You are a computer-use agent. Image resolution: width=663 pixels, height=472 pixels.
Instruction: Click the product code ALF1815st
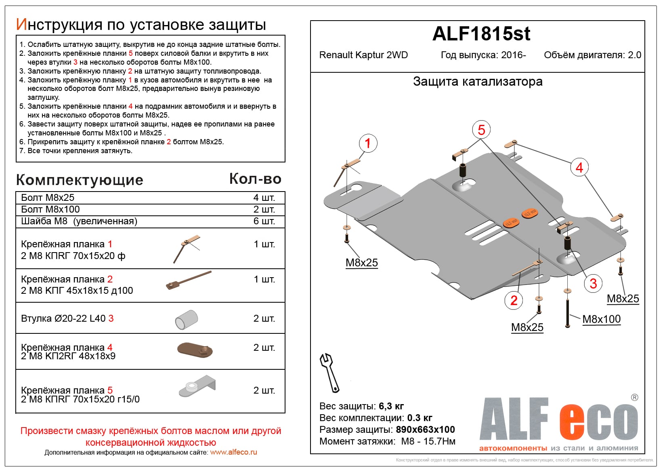pyautogui.click(x=481, y=34)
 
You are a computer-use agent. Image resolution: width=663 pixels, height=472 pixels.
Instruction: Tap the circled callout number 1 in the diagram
pyautogui.click(x=368, y=143)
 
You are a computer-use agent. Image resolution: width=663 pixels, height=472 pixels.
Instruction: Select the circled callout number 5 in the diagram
pyautogui.click(x=481, y=130)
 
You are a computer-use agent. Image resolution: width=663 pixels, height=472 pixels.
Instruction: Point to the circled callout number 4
pyautogui.click(x=579, y=167)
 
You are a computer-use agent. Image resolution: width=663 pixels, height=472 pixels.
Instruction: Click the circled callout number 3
pyautogui.click(x=593, y=283)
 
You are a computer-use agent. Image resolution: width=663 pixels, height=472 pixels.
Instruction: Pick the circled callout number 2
pyautogui.click(x=514, y=300)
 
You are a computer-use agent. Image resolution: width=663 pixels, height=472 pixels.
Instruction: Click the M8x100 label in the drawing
pyautogui.click(x=601, y=319)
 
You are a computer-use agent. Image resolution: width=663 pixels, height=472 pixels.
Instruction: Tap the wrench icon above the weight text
pyautogui.click(x=329, y=372)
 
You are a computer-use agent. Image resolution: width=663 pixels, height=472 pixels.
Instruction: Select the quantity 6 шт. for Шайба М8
pyautogui.click(x=264, y=221)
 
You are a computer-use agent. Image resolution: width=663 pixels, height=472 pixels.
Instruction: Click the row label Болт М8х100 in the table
pyautogui.click(x=50, y=209)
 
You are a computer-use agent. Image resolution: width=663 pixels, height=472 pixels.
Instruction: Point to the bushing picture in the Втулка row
pyautogui.click(x=187, y=319)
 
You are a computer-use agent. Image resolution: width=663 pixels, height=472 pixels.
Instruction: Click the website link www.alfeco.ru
pyautogui.click(x=233, y=452)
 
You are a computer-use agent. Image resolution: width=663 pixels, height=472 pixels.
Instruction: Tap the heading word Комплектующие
pyautogui.click(x=80, y=180)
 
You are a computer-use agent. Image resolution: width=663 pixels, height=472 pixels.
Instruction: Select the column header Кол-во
pyautogui.click(x=255, y=179)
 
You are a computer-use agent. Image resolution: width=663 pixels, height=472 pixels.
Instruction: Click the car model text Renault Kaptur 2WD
pyautogui.click(x=363, y=55)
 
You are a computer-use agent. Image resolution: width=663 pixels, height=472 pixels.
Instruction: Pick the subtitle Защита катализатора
pyautogui.click(x=477, y=82)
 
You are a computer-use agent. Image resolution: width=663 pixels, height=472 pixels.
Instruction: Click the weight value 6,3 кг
pyautogui.click(x=391, y=406)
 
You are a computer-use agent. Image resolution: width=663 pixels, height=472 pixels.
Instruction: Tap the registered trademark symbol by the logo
pyautogui.click(x=634, y=398)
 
